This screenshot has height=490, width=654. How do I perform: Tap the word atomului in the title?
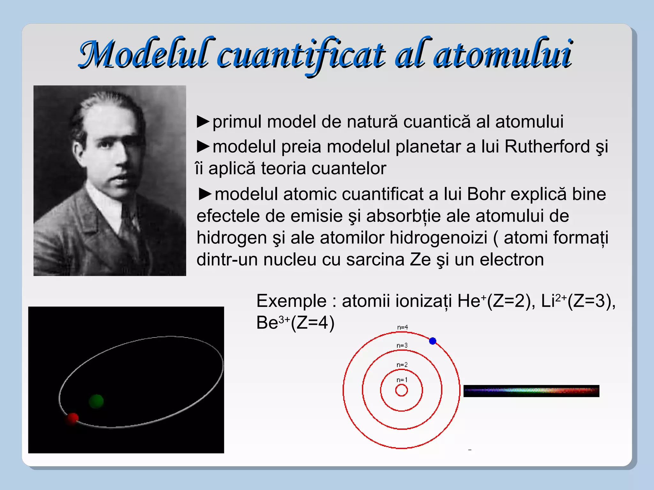pos(503,54)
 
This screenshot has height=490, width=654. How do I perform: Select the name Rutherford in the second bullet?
pos(547,147)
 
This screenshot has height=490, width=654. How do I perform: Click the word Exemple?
pos(291,301)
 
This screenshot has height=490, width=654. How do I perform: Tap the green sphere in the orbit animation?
pos(96,401)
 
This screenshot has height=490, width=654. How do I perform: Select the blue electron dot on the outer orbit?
pos(433,341)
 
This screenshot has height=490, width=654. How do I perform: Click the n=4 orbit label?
pos(402,327)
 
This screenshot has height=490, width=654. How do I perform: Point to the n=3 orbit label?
pos(402,345)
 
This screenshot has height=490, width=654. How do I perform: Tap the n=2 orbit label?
pos(402,365)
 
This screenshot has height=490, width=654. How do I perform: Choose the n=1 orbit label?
pos(402,380)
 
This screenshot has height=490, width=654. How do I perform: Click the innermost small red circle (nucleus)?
pos(401,390)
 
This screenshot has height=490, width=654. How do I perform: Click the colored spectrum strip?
pos(531,391)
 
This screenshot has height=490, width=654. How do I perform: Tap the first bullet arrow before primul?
pos(203,122)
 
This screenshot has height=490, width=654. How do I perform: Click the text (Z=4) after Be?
pos(313,323)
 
